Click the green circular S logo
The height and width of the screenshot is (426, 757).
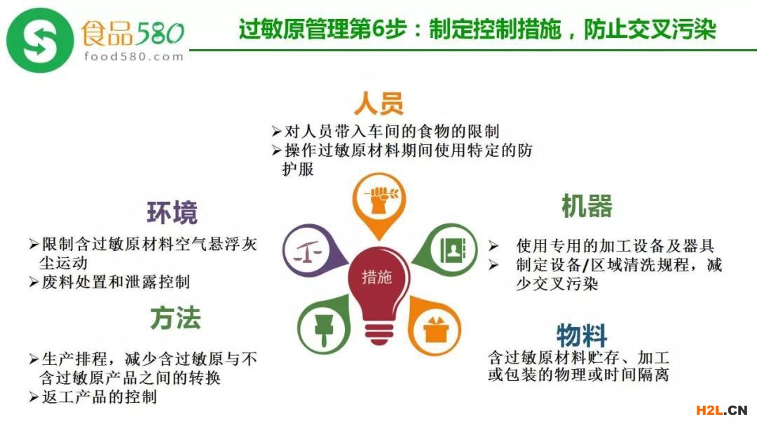[x=40, y=41]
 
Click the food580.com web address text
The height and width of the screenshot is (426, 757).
[x=134, y=57]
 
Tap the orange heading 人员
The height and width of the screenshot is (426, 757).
[x=379, y=103]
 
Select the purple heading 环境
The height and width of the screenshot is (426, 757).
[x=172, y=213]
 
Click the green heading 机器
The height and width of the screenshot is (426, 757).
[x=587, y=206]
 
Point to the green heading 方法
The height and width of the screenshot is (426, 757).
[x=175, y=318]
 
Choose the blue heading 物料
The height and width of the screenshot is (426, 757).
[x=582, y=334]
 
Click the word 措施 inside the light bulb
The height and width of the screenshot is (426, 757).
[x=377, y=277]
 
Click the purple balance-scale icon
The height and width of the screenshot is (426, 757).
[x=308, y=250]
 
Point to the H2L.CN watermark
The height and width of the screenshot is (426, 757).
[x=721, y=410]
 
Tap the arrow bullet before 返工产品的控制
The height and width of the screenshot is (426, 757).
[x=34, y=397]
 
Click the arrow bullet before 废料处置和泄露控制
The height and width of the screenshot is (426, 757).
[x=34, y=282]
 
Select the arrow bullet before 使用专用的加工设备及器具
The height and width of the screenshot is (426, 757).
[x=493, y=245]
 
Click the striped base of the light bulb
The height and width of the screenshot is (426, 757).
[x=379, y=333]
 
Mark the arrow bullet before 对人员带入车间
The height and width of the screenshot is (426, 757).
[x=276, y=131]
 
